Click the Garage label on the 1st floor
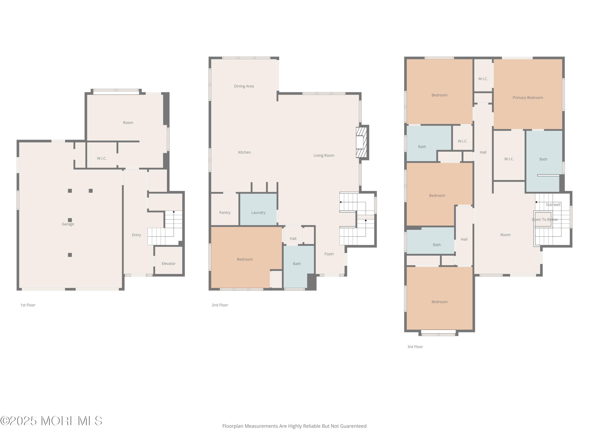(68, 224)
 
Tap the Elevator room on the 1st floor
(168, 260)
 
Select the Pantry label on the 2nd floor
(225, 213)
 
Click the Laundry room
(258, 210)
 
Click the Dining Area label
(244, 86)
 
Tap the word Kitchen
(244, 152)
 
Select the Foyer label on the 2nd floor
(329, 254)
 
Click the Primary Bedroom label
(528, 98)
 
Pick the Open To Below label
(545, 220)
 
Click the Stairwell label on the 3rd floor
(553, 205)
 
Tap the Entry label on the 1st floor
(136, 235)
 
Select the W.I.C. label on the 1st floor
(102, 158)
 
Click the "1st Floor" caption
(28, 305)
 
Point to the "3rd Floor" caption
(415, 347)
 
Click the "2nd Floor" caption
(220, 305)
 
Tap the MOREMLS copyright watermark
(51, 421)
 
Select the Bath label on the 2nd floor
(297, 264)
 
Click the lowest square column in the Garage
(70, 255)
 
